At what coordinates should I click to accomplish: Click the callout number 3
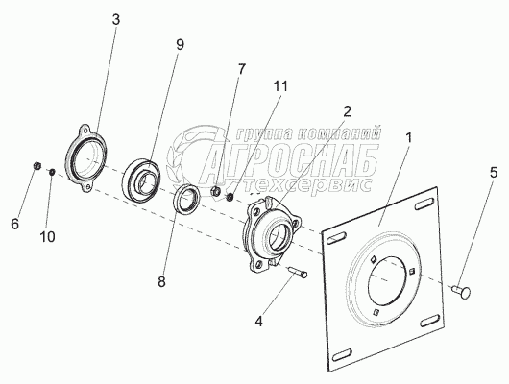click(x=116, y=20)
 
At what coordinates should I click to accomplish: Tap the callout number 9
click(x=181, y=45)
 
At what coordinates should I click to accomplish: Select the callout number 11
click(x=280, y=86)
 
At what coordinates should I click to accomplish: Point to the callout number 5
click(x=494, y=173)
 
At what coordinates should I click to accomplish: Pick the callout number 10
click(x=47, y=236)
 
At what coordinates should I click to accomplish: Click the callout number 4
click(x=258, y=322)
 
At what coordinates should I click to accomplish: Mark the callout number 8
click(x=161, y=281)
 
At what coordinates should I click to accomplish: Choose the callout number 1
click(x=409, y=137)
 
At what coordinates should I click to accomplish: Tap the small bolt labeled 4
click(x=298, y=271)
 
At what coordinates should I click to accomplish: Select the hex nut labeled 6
click(x=37, y=166)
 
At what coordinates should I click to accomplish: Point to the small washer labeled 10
click(x=52, y=172)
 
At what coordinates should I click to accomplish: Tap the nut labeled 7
click(x=216, y=190)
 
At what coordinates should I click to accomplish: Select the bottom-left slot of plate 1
click(x=341, y=354)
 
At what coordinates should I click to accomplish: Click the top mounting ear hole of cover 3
click(x=85, y=131)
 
